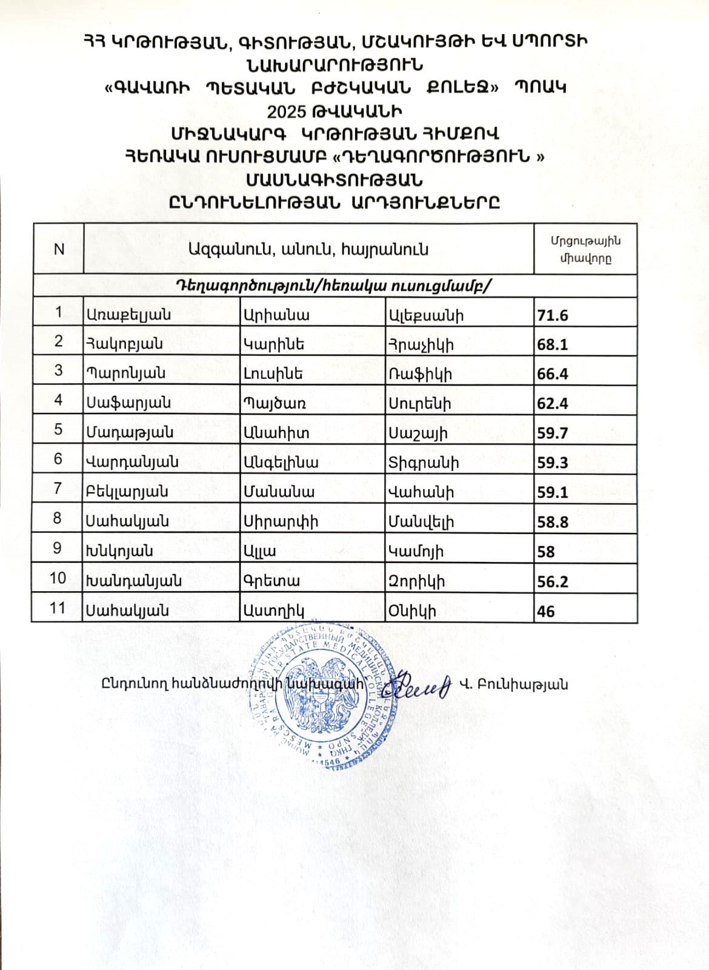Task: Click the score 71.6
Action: tap(552, 315)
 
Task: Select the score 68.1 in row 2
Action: tap(552, 344)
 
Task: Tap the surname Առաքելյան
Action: tap(128, 315)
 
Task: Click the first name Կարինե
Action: tap(273, 344)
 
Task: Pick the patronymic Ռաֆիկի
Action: tap(420, 374)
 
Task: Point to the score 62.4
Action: tap(552, 404)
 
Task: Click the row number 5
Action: tap(58, 429)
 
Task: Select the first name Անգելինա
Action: tap(281, 463)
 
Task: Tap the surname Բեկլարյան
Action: tap(127, 492)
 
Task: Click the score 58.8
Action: tap(552, 522)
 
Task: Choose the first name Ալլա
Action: tap(259, 552)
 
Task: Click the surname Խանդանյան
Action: tap(133, 581)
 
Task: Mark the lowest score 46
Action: tap(545, 611)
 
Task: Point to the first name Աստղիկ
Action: tap(273, 610)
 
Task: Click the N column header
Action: tap(59, 249)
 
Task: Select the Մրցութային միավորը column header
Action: tap(585, 249)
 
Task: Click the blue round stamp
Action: tap(321, 697)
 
